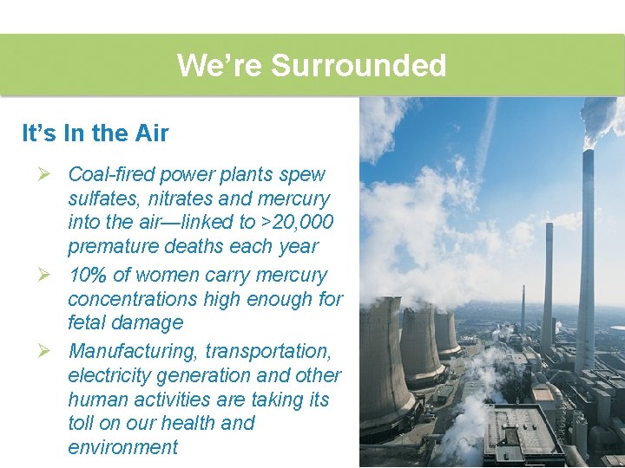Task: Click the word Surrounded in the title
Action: (359, 66)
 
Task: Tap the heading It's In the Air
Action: (95, 133)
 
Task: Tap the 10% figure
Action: (88, 276)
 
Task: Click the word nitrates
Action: (181, 199)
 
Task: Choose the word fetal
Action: (88, 323)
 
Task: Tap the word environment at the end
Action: (122, 448)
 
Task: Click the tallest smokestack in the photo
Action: (588, 260)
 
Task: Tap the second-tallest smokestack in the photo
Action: (548, 286)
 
